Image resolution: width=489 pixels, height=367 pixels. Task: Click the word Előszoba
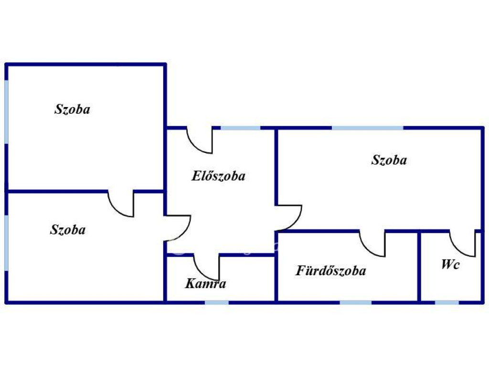218,176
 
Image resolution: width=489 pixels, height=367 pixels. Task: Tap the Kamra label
205,284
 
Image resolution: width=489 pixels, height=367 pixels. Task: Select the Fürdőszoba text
331,271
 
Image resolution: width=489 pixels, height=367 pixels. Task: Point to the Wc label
450,265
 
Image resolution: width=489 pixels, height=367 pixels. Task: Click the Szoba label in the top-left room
72,109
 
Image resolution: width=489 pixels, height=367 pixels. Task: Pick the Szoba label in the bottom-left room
68,230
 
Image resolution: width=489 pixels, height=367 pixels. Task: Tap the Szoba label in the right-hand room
389,160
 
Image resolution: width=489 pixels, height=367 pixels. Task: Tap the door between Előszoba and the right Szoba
289,218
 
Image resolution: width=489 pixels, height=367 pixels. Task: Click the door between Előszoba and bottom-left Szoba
177,227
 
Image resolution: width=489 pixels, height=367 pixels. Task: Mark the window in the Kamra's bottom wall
217,302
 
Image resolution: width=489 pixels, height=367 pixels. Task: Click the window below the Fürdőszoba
356,302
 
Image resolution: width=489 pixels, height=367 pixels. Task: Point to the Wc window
447,302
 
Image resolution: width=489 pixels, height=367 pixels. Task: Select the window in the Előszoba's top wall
241,128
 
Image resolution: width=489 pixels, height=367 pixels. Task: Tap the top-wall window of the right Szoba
367,128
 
